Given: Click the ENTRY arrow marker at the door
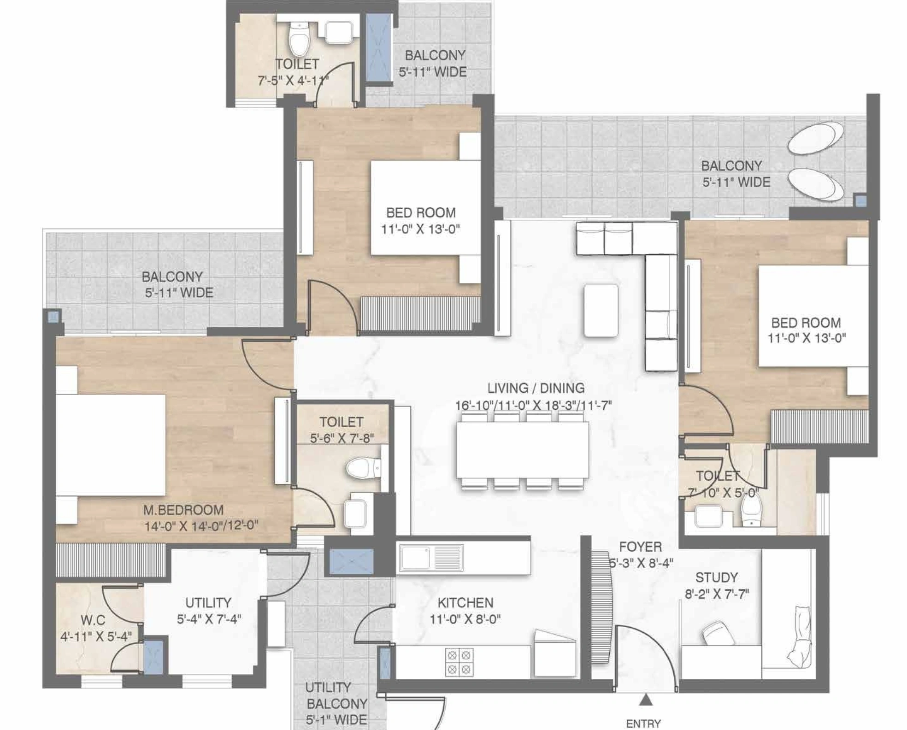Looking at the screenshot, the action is click(646, 700).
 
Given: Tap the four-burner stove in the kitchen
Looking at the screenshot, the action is click(459, 662).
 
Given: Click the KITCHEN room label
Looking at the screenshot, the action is click(465, 602).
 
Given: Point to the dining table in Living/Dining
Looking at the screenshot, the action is click(523, 450).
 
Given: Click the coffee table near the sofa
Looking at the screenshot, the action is click(601, 310).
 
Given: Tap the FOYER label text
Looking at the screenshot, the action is click(640, 547).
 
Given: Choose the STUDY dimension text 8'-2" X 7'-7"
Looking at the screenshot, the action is click(717, 594).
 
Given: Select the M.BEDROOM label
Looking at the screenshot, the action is click(183, 510).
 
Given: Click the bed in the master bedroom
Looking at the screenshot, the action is click(111, 445).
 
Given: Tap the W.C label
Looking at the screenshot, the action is click(93, 619).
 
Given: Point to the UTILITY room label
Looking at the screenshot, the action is click(208, 602).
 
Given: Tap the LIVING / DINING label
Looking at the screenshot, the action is click(536, 388).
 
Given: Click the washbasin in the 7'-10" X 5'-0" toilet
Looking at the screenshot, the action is click(708, 516).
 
